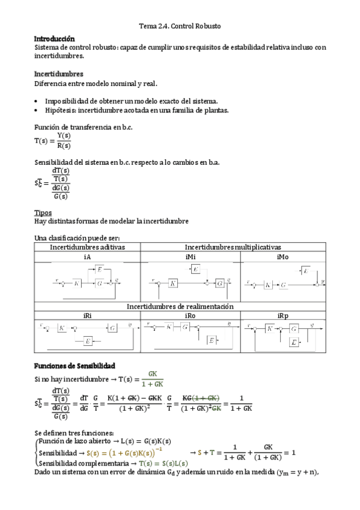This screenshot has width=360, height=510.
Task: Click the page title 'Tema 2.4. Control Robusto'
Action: tap(180, 26)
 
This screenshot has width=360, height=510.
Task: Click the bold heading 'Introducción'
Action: tap(55, 38)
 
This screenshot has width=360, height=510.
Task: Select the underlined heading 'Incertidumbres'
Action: tap(58, 74)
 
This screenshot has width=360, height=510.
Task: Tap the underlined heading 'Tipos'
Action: tap(43, 212)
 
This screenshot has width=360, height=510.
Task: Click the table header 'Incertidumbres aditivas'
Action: tap(87, 247)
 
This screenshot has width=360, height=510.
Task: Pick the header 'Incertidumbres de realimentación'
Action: tap(180, 306)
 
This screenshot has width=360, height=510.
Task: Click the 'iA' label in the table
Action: tap(87, 257)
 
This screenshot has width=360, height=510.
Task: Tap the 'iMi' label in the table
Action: tap(191, 257)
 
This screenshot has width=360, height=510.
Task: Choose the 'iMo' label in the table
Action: tap(283, 257)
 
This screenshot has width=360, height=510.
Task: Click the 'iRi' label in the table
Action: tap(87, 315)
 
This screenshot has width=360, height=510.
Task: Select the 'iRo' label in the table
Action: tap(191, 315)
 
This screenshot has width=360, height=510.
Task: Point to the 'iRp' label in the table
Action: tap(283, 315)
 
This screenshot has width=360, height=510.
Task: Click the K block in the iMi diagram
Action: tap(173, 283)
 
